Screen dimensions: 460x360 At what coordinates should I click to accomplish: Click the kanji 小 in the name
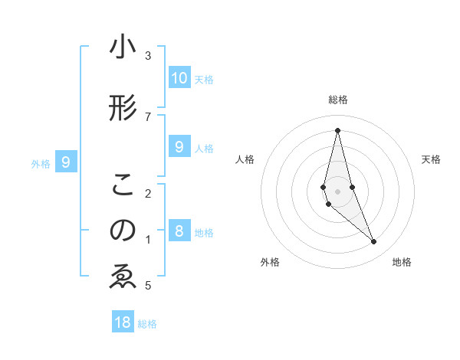[x=123, y=47]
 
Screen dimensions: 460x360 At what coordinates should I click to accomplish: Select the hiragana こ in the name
[x=123, y=185]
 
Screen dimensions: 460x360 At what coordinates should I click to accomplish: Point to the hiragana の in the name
[x=123, y=231]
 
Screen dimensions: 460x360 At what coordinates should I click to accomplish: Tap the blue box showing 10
[x=179, y=77]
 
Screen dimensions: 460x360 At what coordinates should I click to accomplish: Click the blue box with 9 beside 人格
[x=179, y=147]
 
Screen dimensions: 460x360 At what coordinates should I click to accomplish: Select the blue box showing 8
[x=179, y=231]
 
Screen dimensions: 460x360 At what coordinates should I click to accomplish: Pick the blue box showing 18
[x=123, y=322]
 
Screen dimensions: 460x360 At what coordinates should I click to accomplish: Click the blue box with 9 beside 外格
[x=66, y=162]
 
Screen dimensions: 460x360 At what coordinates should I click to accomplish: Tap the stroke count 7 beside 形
[x=147, y=116]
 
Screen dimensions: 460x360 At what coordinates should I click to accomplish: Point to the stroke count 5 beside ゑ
[x=147, y=286]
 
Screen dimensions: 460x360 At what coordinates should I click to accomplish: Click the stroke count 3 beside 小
[x=147, y=56]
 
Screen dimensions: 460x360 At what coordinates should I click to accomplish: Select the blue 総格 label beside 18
[x=147, y=324]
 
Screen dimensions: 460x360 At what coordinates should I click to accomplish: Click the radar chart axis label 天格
[x=431, y=159]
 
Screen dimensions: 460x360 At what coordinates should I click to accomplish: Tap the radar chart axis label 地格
[x=402, y=262]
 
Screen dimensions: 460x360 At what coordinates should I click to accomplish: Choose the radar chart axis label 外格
[x=270, y=262]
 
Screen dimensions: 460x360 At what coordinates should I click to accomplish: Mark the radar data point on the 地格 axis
[x=374, y=242]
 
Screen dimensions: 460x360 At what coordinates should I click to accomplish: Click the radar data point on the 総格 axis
[x=337, y=130]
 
